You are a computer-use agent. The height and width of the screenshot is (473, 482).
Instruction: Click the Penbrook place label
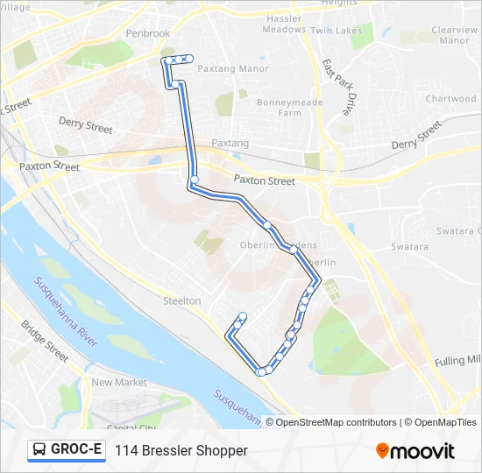coord(147,33)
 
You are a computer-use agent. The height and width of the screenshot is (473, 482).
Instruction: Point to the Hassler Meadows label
coord(284,24)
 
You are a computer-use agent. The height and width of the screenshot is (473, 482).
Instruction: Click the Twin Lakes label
coord(336,31)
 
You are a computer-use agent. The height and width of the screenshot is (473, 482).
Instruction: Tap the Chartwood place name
coord(450,99)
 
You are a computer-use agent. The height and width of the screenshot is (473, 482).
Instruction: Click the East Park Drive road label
coord(336,88)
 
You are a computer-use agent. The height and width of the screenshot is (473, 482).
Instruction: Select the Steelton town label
coord(181,300)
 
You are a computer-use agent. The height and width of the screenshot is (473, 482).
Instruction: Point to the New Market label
coord(119,383)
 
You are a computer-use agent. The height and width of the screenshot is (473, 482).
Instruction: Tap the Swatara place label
coord(409,247)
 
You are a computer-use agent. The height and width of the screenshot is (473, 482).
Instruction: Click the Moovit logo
coord(415,451)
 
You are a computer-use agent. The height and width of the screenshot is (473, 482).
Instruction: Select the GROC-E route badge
coord(66,450)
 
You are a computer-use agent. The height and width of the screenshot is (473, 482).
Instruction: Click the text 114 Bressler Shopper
coord(181,450)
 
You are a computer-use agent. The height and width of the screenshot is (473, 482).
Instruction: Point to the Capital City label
coord(131,427)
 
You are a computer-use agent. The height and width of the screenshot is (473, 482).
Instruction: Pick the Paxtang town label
coord(230,143)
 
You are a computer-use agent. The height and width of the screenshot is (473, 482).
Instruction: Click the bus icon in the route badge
coord(39,450)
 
